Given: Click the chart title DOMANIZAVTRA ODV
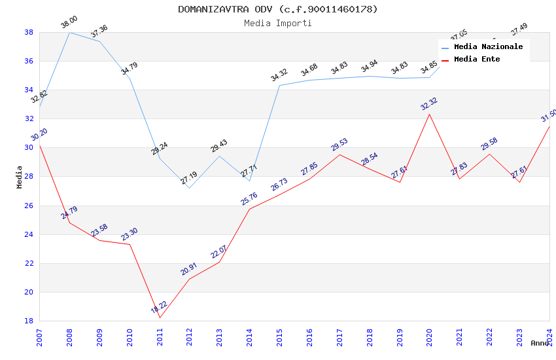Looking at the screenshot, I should pos(278,9).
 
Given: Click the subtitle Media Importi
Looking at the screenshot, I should pos(278,23).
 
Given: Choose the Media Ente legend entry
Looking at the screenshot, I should pos(477,60).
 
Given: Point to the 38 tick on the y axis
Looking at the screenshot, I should pos(29,32).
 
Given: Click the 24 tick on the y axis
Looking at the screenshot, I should pos(29,234).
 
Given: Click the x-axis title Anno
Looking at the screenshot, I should pos(540,343).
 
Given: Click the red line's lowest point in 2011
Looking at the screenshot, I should pos(160,318).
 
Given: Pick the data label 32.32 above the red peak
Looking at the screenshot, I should pos(429,103).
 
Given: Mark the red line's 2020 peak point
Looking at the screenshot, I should pos(430,115).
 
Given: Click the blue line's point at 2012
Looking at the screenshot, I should pos(190,189).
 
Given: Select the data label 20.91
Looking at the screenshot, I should pos(189,268).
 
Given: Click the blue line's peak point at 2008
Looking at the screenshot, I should pos(69,32).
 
